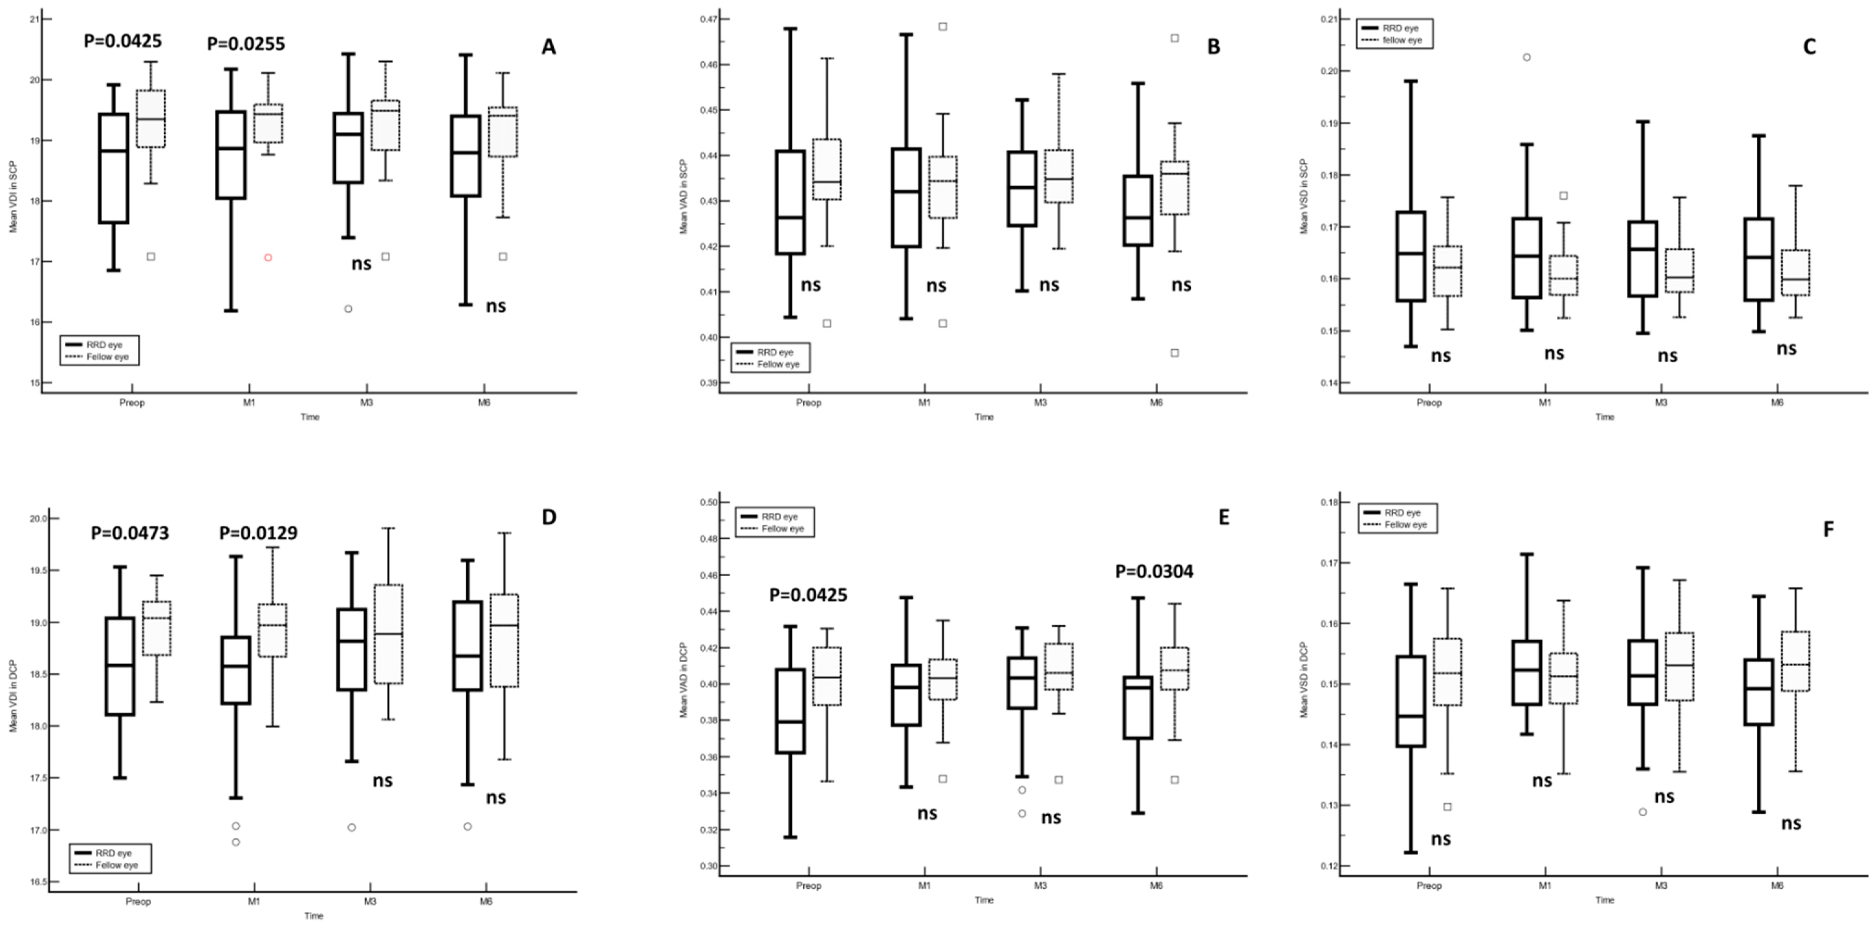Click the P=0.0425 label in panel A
(x=122, y=41)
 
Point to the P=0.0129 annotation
(x=258, y=534)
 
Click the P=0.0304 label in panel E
(x=1154, y=571)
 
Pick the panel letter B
(x=1213, y=47)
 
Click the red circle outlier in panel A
(x=268, y=258)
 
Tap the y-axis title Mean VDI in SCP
(x=13, y=197)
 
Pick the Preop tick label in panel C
(x=1429, y=402)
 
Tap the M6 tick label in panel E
(x=1156, y=886)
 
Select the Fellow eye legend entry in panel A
(x=107, y=357)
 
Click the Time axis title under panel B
(x=984, y=417)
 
